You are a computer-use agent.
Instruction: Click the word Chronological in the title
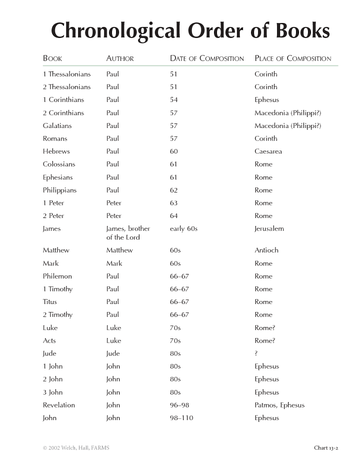pos(116,30)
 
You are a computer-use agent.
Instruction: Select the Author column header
pos(120,58)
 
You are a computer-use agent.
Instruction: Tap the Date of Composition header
pos(207,58)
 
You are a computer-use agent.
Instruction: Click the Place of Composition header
pos(293,58)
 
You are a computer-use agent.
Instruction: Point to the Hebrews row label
pos(56,151)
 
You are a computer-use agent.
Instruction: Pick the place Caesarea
pos(268,151)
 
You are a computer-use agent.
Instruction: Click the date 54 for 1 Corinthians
pos(174,99)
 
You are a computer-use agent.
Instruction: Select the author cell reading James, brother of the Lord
pos(128,233)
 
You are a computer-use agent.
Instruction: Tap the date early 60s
pos(183,228)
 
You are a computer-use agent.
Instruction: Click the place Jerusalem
pos(269,228)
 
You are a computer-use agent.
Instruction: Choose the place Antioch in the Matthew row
pos(266,250)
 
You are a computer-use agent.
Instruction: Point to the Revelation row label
pos(59,405)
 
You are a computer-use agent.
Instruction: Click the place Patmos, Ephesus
pos(279,405)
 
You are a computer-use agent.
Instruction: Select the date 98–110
pos(181,418)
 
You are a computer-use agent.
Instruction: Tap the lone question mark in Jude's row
pos(256,353)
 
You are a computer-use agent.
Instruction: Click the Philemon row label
pos(57,276)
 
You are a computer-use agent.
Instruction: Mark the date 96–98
pos(179,405)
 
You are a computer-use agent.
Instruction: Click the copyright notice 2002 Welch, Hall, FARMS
pos(76,448)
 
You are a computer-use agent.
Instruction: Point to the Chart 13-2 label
pos(326,448)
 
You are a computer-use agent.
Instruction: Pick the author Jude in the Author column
pos(113,353)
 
